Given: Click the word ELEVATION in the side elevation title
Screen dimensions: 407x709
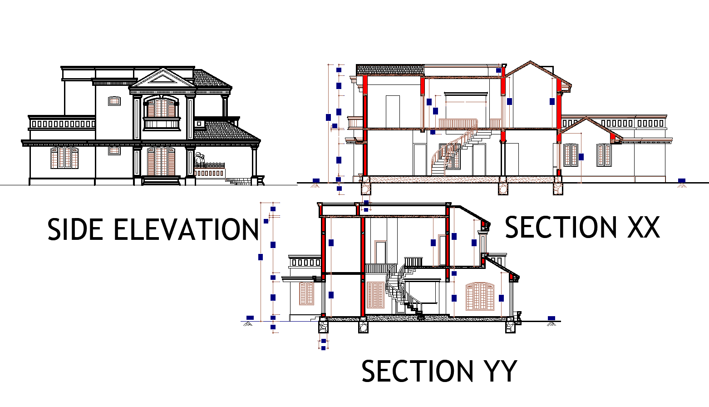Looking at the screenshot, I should (x=186, y=229).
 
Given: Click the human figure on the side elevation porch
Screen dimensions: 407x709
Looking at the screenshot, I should (x=199, y=159).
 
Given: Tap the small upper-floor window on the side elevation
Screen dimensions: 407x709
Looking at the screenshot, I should (x=114, y=101).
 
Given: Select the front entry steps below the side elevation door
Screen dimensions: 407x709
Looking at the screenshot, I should (x=161, y=181).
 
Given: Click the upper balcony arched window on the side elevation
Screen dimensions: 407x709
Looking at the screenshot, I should (x=161, y=108).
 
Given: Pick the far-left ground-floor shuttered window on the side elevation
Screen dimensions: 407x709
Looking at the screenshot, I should (x=64, y=158).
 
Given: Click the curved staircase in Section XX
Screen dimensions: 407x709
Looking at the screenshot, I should (x=447, y=154).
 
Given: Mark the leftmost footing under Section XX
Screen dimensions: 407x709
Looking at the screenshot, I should (x=365, y=188).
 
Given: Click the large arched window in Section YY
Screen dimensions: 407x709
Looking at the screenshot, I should (x=480, y=296).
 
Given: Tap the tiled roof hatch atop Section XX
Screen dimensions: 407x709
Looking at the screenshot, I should (x=390, y=70).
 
